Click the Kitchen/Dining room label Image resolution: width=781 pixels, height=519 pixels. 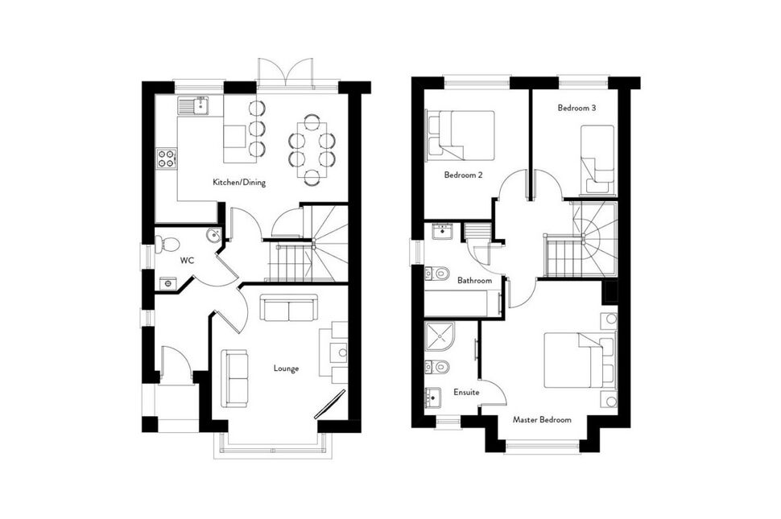pos(238,183)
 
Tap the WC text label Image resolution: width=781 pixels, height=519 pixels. pos(187,261)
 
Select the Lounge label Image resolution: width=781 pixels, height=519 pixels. pos(286,369)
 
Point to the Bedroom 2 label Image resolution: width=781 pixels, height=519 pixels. pos(463,174)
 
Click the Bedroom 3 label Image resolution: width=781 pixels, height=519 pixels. pos(576,107)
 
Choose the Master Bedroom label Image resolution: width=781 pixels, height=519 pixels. pos(542,420)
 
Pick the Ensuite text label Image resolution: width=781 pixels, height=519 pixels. pos(466,392)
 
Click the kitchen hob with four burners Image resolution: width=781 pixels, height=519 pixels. pos(167,159)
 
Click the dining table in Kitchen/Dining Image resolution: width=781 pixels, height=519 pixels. pos(312,146)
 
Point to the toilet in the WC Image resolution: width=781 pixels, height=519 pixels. pos(167,243)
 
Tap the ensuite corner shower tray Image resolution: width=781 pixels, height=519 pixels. pos(440,337)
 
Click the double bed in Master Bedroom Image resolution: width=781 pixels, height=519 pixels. pos(573,360)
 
